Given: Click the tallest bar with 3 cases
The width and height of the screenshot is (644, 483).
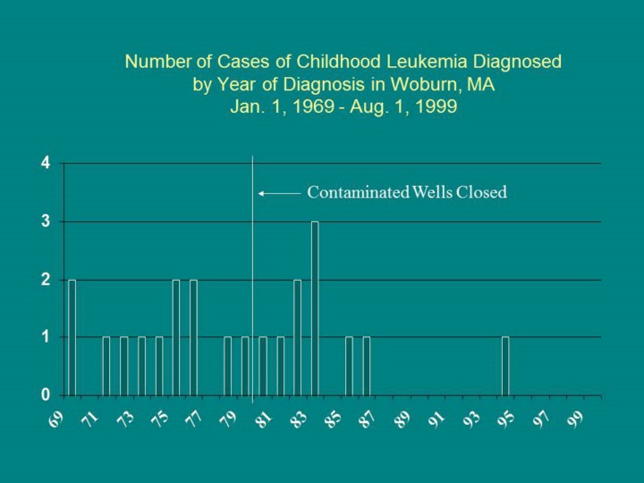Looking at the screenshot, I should pyautogui.click(x=315, y=308).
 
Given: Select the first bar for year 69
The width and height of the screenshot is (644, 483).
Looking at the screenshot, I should pyautogui.click(x=72, y=337).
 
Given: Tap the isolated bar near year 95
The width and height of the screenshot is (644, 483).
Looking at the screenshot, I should pyautogui.click(x=505, y=366).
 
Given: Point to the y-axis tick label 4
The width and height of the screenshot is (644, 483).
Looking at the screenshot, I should pyautogui.click(x=45, y=164).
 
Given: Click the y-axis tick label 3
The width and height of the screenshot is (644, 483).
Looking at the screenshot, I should pyautogui.click(x=45, y=222).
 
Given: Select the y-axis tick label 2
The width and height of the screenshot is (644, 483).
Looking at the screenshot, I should pyautogui.click(x=45, y=280).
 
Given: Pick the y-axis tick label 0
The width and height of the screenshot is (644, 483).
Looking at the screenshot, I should pyautogui.click(x=45, y=394).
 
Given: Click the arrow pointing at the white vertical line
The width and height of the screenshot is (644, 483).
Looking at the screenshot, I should pyautogui.click(x=277, y=193).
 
